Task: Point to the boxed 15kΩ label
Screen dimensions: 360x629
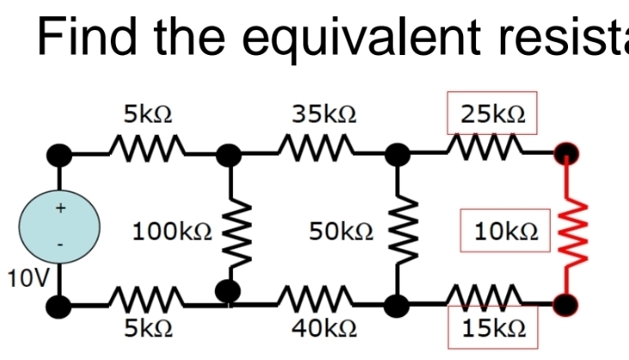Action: [x=492, y=328]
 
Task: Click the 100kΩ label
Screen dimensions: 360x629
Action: [x=171, y=230]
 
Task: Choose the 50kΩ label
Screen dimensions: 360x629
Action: [x=340, y=230]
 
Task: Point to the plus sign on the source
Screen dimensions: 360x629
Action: [x=60, y=207]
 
